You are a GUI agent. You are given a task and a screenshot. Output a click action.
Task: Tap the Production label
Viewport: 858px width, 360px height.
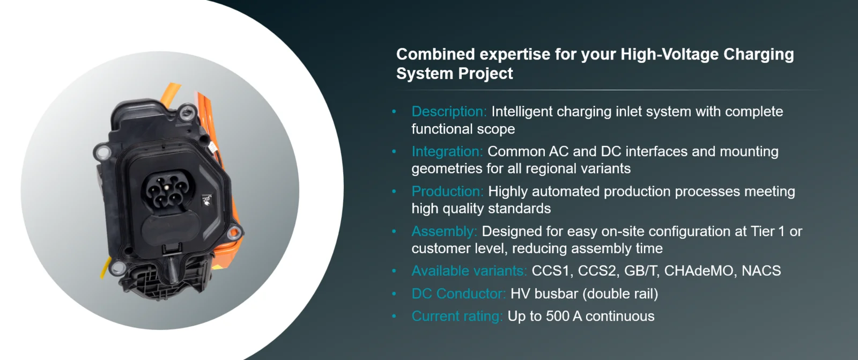click(447, 192)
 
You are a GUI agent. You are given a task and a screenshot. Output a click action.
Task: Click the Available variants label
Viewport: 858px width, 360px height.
click(469, 271)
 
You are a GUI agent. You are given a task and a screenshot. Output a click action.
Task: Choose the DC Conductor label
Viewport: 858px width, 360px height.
click(458, 293)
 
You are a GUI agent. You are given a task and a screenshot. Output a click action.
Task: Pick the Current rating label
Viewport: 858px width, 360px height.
click(457, 317)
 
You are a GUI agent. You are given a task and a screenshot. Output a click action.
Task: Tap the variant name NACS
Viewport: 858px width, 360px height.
click(761, 271)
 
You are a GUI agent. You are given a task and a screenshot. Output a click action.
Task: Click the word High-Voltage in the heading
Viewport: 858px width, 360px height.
click(670, 54)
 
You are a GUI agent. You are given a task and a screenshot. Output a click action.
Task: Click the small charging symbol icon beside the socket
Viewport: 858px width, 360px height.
click(207, 200)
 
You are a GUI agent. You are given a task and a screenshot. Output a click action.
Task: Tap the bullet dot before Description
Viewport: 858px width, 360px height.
click(394, 112)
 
